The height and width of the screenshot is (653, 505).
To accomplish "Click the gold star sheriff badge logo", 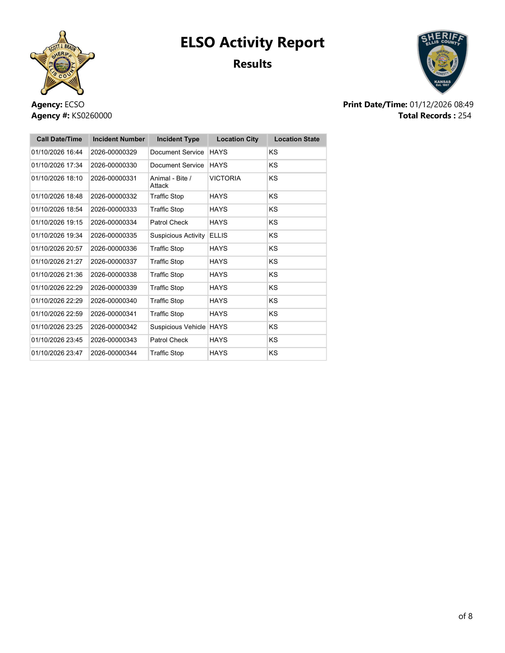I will (62, 63).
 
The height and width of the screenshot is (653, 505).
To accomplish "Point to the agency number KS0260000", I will (91, 116).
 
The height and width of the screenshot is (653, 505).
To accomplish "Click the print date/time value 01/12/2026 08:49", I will (441, 105).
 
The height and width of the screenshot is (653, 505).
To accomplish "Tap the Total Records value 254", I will (464, 116).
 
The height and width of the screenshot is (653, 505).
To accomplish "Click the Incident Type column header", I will (178, 139).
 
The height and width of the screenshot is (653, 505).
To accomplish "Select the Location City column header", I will (237, 139).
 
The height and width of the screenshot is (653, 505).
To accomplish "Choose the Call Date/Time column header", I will (59, 139).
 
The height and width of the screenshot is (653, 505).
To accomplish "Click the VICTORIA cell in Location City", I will (225, 178).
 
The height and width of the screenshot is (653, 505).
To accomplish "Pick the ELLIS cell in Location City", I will (218, 236).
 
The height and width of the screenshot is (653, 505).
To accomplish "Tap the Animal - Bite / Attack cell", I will (171, 182).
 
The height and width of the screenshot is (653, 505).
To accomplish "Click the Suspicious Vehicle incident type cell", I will (178, 327).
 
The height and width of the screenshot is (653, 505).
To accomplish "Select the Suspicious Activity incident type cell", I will (177, 236).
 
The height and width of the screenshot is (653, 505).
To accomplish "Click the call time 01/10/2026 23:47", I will (57, 353).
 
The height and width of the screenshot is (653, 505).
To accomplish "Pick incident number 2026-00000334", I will (114, 222).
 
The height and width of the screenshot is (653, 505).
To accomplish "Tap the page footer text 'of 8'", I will (465, 616).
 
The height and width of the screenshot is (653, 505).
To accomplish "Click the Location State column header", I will (297, 139).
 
